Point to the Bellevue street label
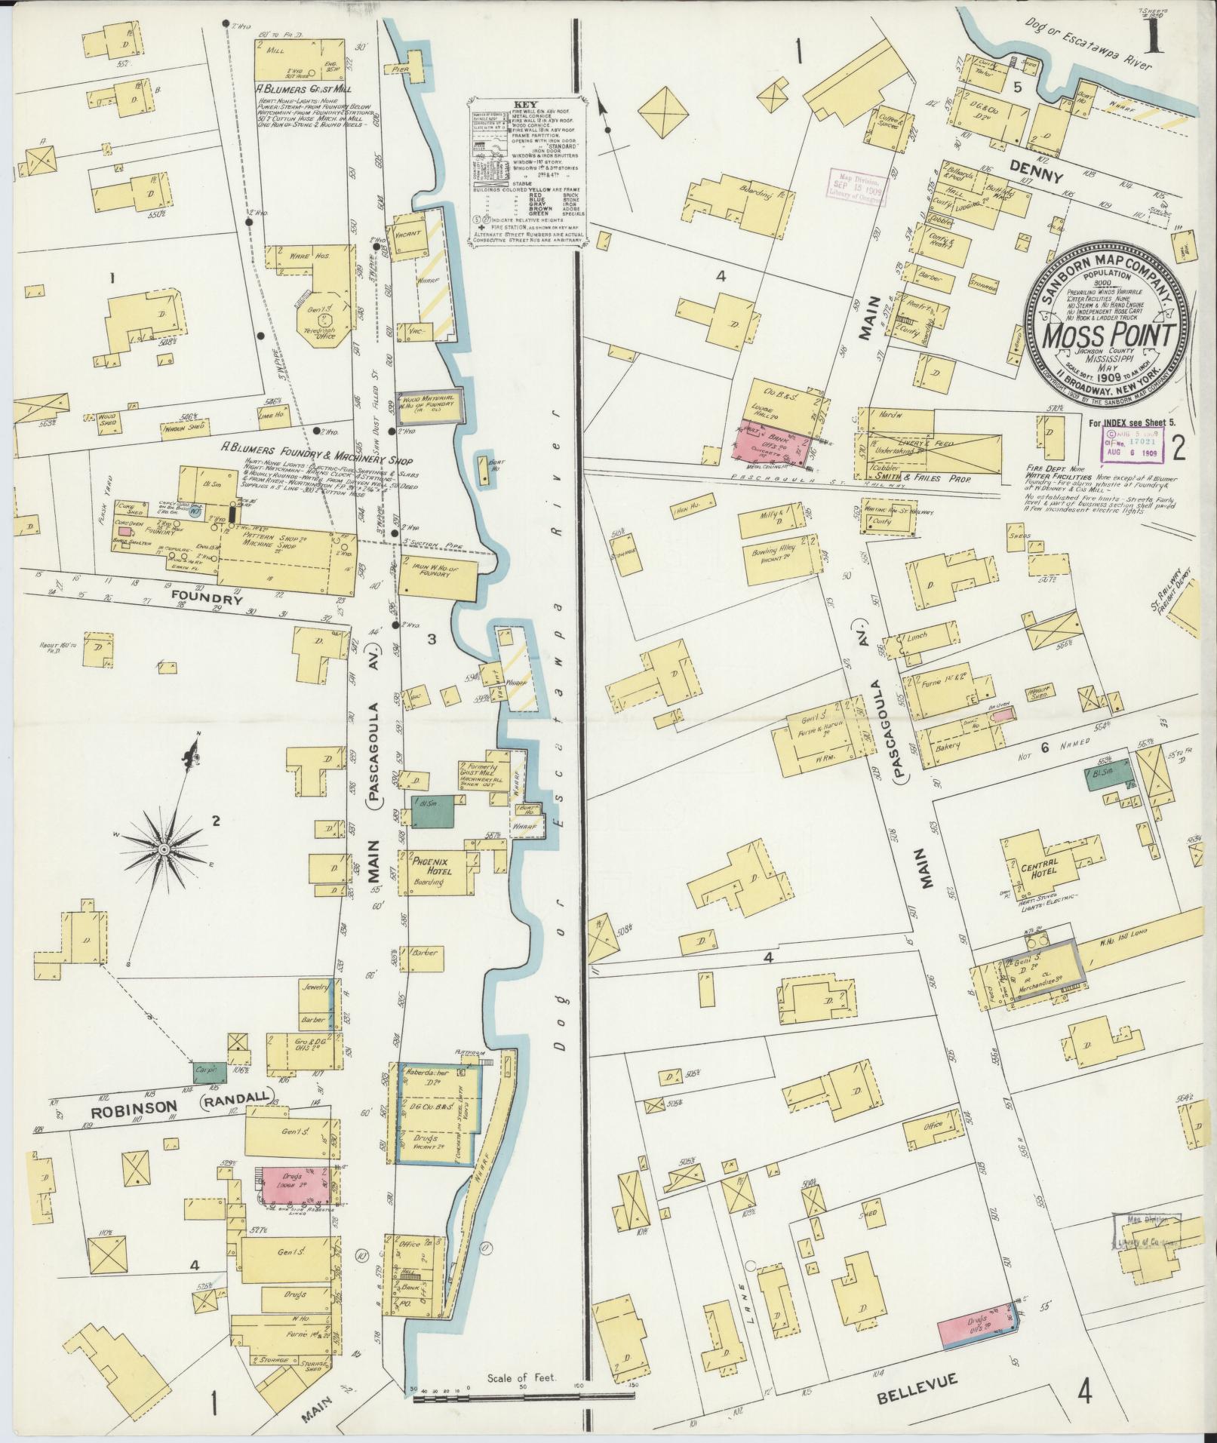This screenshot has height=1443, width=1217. pyautogui.click(x=917, y=1380)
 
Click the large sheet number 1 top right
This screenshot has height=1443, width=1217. pyautogui.click(x=1152, y=35)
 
